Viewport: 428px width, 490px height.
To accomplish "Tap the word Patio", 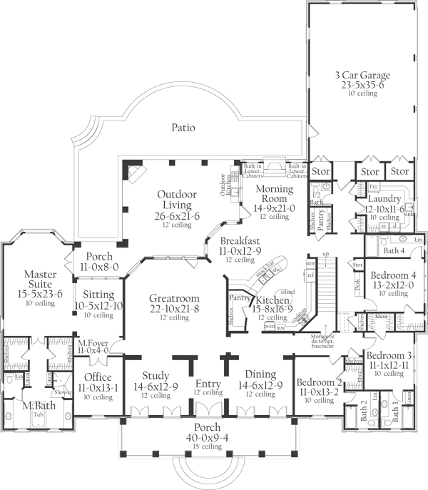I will click(x=184, y=128).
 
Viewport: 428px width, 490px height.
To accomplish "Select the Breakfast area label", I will click(x=239, y=241).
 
